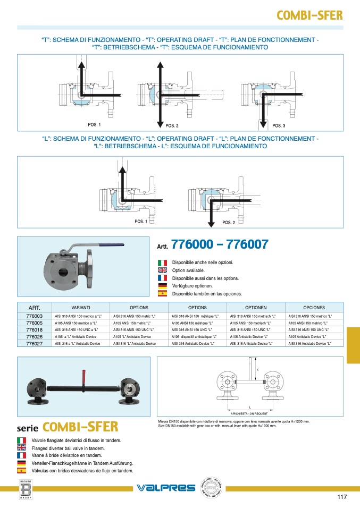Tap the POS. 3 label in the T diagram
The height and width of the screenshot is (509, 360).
(279, 126)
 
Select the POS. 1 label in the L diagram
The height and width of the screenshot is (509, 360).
(140, 222)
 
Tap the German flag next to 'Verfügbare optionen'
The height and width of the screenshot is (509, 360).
(163, 286)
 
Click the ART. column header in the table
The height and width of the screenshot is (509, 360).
(34, 308)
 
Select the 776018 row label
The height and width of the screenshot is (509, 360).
(34, 329)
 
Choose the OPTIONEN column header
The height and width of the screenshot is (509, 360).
(256, 308)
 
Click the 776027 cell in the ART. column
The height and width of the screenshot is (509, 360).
(34, 344)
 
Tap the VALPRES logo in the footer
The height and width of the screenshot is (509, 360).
(166, 488)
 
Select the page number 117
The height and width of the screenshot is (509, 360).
(342, 497)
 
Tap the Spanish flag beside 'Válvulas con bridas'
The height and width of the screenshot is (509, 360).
(22, 471)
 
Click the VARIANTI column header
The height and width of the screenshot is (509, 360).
(81, 308)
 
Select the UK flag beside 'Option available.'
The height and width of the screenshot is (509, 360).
(163, 270)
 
